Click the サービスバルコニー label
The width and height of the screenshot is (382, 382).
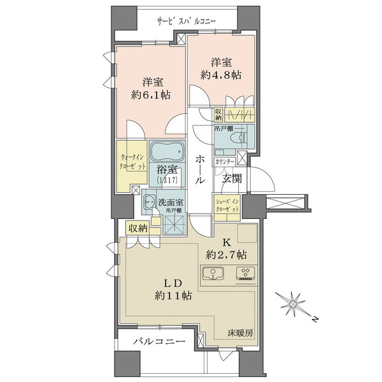pyautogui.click(x=187, y=22)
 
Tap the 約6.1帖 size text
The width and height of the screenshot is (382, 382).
pyautogui.click(x=151, y=95)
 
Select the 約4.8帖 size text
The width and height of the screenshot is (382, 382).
pyautogui.click(x=221, y=75)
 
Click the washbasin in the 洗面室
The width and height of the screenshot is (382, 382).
pyautogui.click(x=149, y=202)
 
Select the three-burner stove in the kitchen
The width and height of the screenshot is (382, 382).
pyautogui.click(x=246, y=273)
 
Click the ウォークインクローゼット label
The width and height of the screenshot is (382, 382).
pyautogui.click(x=132, y=162)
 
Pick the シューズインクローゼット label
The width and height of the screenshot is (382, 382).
pyautogui.click(x=227, y=206)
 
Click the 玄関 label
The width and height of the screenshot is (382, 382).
pyautogui.click(x=232, y=179)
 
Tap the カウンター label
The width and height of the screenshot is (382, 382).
pyautogui.click(x=225, y=162)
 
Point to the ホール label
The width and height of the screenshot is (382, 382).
pyautogui.click(x=201, y=170)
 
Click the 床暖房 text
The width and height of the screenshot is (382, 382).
pyautogui.click(x=241, y=333)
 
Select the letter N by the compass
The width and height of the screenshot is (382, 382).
pyautogui.click(x=315, y=319)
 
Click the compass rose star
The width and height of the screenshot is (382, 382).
pyautogui.click(x=292, y=304)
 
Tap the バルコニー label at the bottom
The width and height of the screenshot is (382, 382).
pyautogui.click(x=159, y=341)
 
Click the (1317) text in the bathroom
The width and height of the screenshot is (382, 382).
pyautogui.click(x=167, y=180)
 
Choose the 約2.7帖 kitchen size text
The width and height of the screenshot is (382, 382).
pyautogui.click(x=226, y=255)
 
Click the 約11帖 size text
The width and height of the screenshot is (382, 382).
pyautogui.click(x=173, y=296)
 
